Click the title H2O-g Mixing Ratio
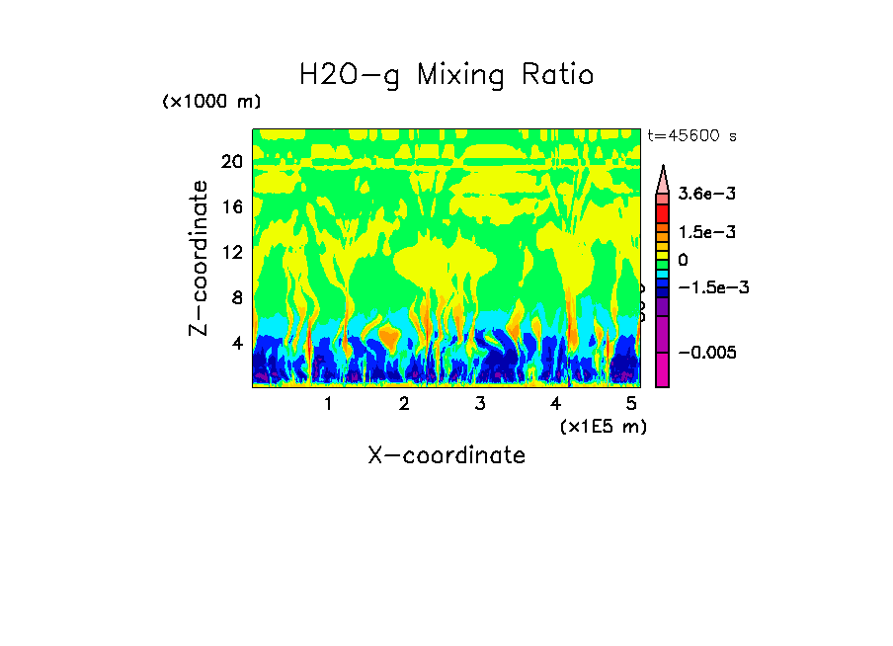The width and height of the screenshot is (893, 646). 446,74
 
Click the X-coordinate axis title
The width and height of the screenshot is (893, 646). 446,455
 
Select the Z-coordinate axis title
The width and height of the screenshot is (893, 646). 200,258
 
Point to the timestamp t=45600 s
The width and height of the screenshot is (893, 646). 691,135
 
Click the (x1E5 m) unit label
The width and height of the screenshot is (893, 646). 603,426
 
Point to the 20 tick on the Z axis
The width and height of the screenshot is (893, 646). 231,162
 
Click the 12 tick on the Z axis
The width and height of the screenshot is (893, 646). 231,253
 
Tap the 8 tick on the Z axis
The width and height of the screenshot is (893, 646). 236,298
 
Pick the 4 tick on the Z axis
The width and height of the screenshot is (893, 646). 236,344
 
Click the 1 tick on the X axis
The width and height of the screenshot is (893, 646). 328,404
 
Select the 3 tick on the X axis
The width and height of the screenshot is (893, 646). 479,404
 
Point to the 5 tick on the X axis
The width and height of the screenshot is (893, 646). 630,404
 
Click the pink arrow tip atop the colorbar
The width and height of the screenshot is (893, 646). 663,177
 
